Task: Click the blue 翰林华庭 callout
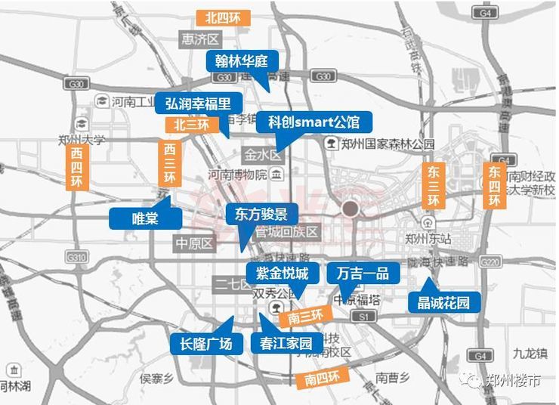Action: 242,61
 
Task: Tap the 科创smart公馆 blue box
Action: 313,121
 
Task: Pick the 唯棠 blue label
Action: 145,218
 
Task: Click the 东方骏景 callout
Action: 261,214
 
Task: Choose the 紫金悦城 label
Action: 277,273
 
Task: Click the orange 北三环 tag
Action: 190,124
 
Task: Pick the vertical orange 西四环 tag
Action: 77,166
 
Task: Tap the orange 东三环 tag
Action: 433,184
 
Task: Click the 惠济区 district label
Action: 199,39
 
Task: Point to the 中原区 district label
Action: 194,243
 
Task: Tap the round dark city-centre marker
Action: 350,208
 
